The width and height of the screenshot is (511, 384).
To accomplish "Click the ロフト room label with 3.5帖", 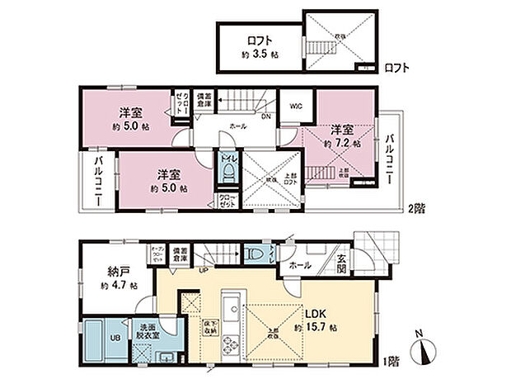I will point(257,46).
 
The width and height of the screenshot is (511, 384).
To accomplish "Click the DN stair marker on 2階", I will point(266,116).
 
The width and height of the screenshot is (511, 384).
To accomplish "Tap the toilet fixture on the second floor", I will point(228,171).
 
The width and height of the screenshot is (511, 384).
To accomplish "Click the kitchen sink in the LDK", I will point(230,301).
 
